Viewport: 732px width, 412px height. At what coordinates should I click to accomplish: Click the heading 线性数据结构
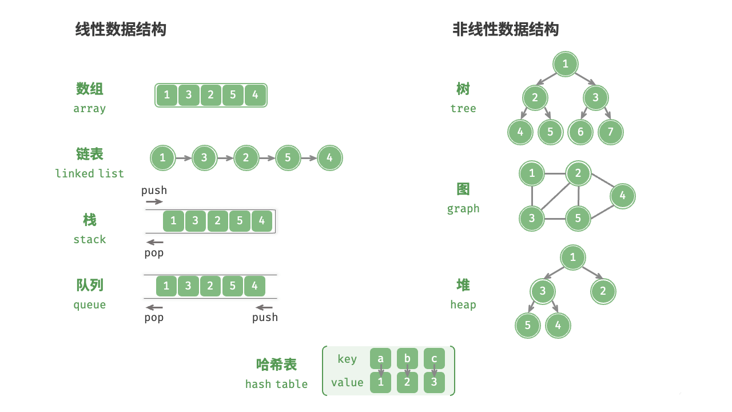point(121,29)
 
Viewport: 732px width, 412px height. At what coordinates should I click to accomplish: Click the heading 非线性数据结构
point(506,29)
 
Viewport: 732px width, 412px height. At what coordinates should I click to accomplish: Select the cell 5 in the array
point(233,95)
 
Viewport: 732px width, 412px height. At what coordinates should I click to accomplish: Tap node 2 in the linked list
point(246,158)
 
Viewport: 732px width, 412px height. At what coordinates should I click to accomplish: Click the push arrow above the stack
point(154,201)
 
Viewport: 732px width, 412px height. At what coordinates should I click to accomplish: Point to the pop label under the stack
point(154,252)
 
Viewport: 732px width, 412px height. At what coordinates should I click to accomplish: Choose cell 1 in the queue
point(166,286)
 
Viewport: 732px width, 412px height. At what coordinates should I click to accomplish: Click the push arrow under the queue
point(264,308)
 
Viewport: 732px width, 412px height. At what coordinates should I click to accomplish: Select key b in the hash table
point(407,359)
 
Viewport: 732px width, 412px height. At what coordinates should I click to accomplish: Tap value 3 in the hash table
point(434,382)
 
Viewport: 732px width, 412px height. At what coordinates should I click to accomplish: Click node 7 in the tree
point(610,132)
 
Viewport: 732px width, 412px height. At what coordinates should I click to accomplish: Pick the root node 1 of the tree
point(566,64)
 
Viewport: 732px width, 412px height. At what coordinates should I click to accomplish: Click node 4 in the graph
point(622,196)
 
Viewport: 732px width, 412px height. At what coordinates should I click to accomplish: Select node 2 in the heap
point(603,291)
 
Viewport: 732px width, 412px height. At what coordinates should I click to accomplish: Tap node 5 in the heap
point(528,326)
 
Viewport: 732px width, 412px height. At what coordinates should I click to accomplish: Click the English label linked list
point(89,173)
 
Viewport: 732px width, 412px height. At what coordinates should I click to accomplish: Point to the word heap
point(463,304)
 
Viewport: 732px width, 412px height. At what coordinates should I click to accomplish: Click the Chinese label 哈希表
point(276,365)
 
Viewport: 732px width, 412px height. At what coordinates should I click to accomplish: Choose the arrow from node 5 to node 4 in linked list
point(309,158)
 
